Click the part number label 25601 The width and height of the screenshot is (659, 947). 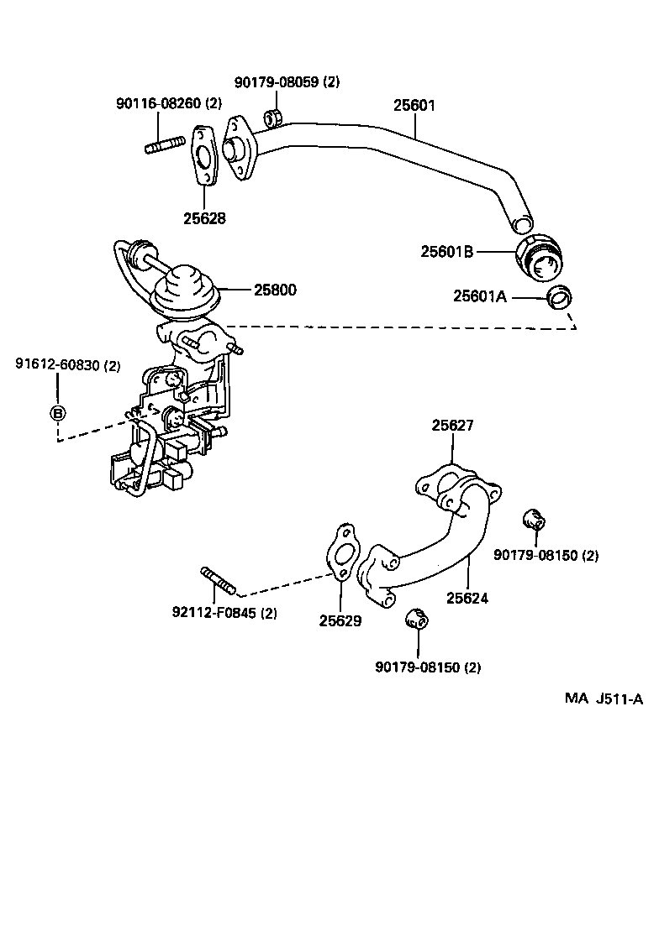414,107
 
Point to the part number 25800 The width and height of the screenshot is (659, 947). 276,290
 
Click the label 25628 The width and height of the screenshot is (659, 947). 205,217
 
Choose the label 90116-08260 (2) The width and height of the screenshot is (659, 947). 168,103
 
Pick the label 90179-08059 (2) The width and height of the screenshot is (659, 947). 287,82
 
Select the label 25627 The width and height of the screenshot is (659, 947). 453,426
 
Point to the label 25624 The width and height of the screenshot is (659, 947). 467,599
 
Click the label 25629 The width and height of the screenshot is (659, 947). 340,621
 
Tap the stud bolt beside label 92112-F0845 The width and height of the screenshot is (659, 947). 218,580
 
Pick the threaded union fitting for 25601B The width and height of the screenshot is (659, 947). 537,257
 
